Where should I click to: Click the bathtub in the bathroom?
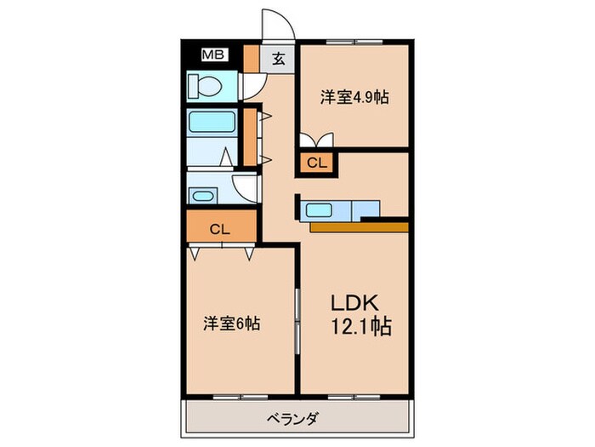211,124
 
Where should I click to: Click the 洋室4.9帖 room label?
354,98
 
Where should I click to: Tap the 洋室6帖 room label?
231,324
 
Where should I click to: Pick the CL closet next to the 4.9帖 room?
315,162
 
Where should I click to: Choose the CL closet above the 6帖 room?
220,228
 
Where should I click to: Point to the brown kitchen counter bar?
359,226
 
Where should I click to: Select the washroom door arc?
247,186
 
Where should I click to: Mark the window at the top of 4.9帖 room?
354,41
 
